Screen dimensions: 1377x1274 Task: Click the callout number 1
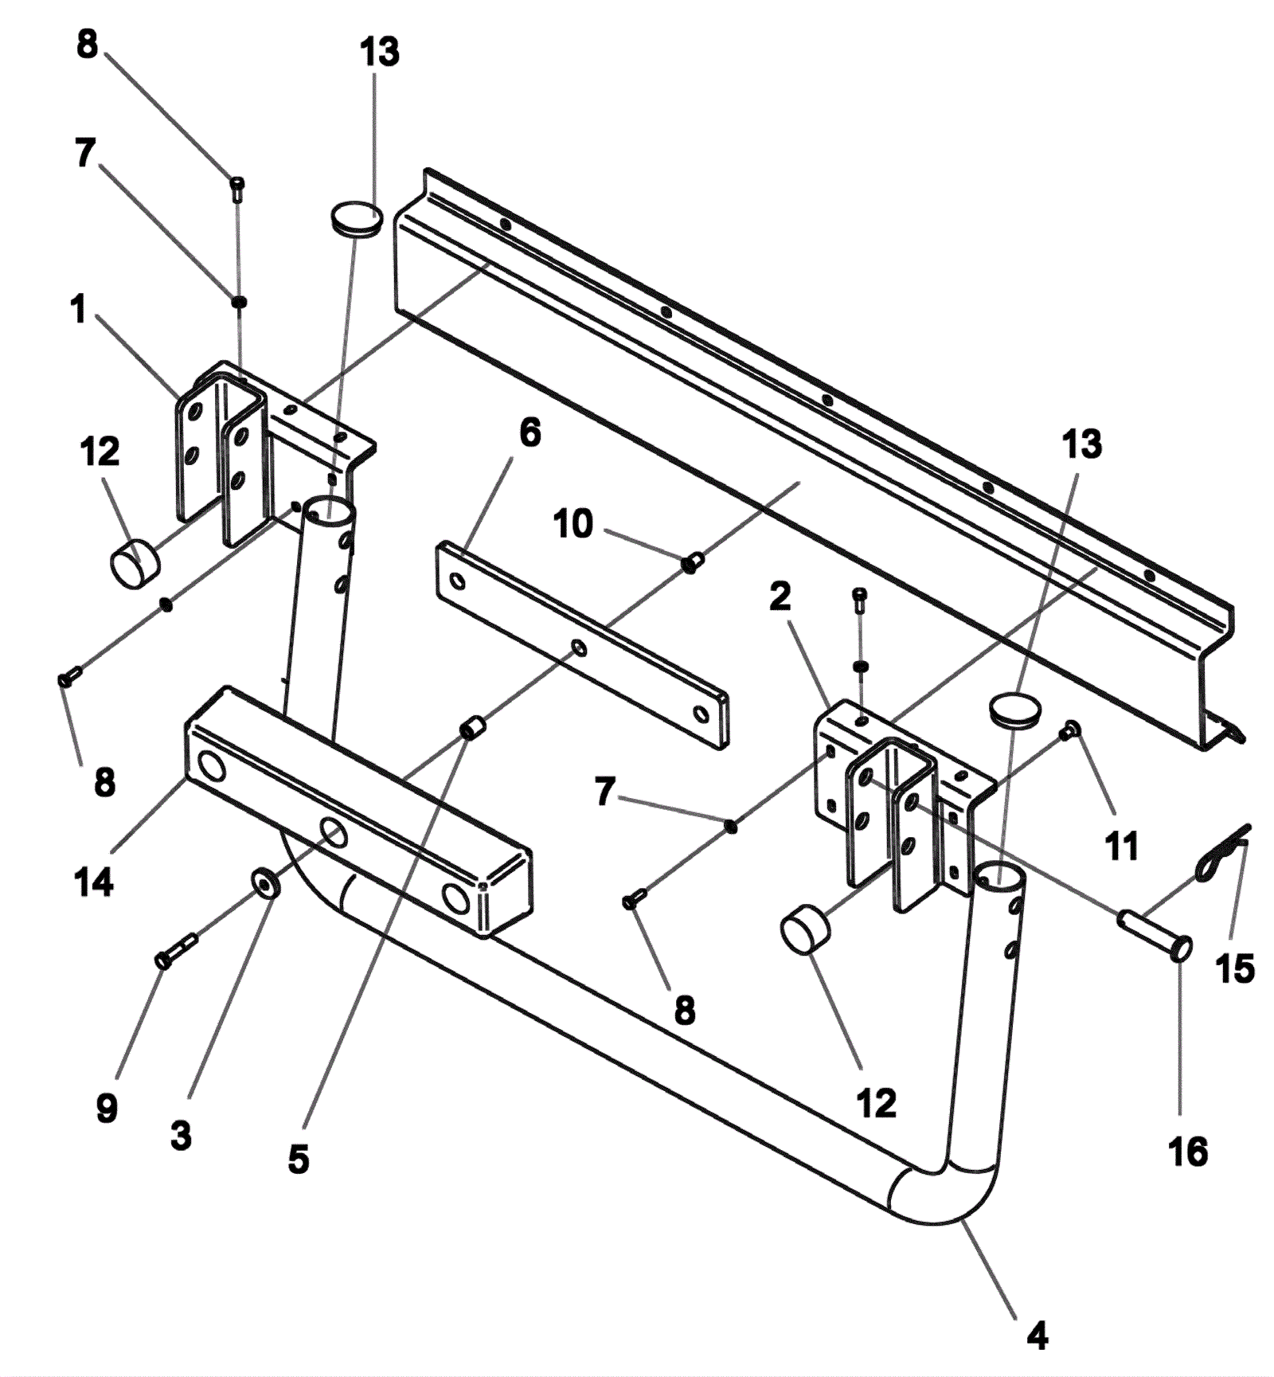78,309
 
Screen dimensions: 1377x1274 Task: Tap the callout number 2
780,597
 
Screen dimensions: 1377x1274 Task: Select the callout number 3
181,1135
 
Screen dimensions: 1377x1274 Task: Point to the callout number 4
1037,1335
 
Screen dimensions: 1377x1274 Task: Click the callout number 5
299,1160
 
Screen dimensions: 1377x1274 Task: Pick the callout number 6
530,433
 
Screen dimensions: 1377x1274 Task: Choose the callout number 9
107,1108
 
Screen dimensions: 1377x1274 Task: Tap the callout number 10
573,524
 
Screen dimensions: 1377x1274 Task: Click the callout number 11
1122,846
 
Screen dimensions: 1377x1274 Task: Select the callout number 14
94,882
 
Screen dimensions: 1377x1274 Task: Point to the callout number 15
1235,968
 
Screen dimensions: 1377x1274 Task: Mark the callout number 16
1187,1152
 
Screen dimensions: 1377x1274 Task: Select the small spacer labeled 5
473,728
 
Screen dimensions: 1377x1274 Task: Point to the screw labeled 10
691,563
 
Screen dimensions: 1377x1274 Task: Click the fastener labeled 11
1071,729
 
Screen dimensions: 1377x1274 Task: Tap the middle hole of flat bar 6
580,647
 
